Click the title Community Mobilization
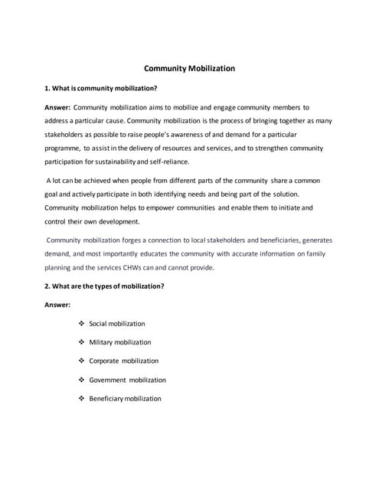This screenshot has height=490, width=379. pyautogui.click(x=189, y=68)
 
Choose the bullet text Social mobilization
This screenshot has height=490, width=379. pyautogui.click(x=117, y=324)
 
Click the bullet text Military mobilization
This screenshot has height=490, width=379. pyautogui.click(x=120, y=342)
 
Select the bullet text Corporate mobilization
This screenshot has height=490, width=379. pyautogui.click(x=124, y=361)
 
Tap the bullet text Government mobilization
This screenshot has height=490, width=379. pyautogui.click(x=127, y=380)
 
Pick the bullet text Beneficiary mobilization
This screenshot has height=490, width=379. pyautogui.click(x=126, y=398)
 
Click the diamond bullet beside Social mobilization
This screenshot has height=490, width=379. pyautogui.click(x=81, y=324)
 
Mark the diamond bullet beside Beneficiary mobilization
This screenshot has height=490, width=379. pyautogui.click(x=81, y=398)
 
